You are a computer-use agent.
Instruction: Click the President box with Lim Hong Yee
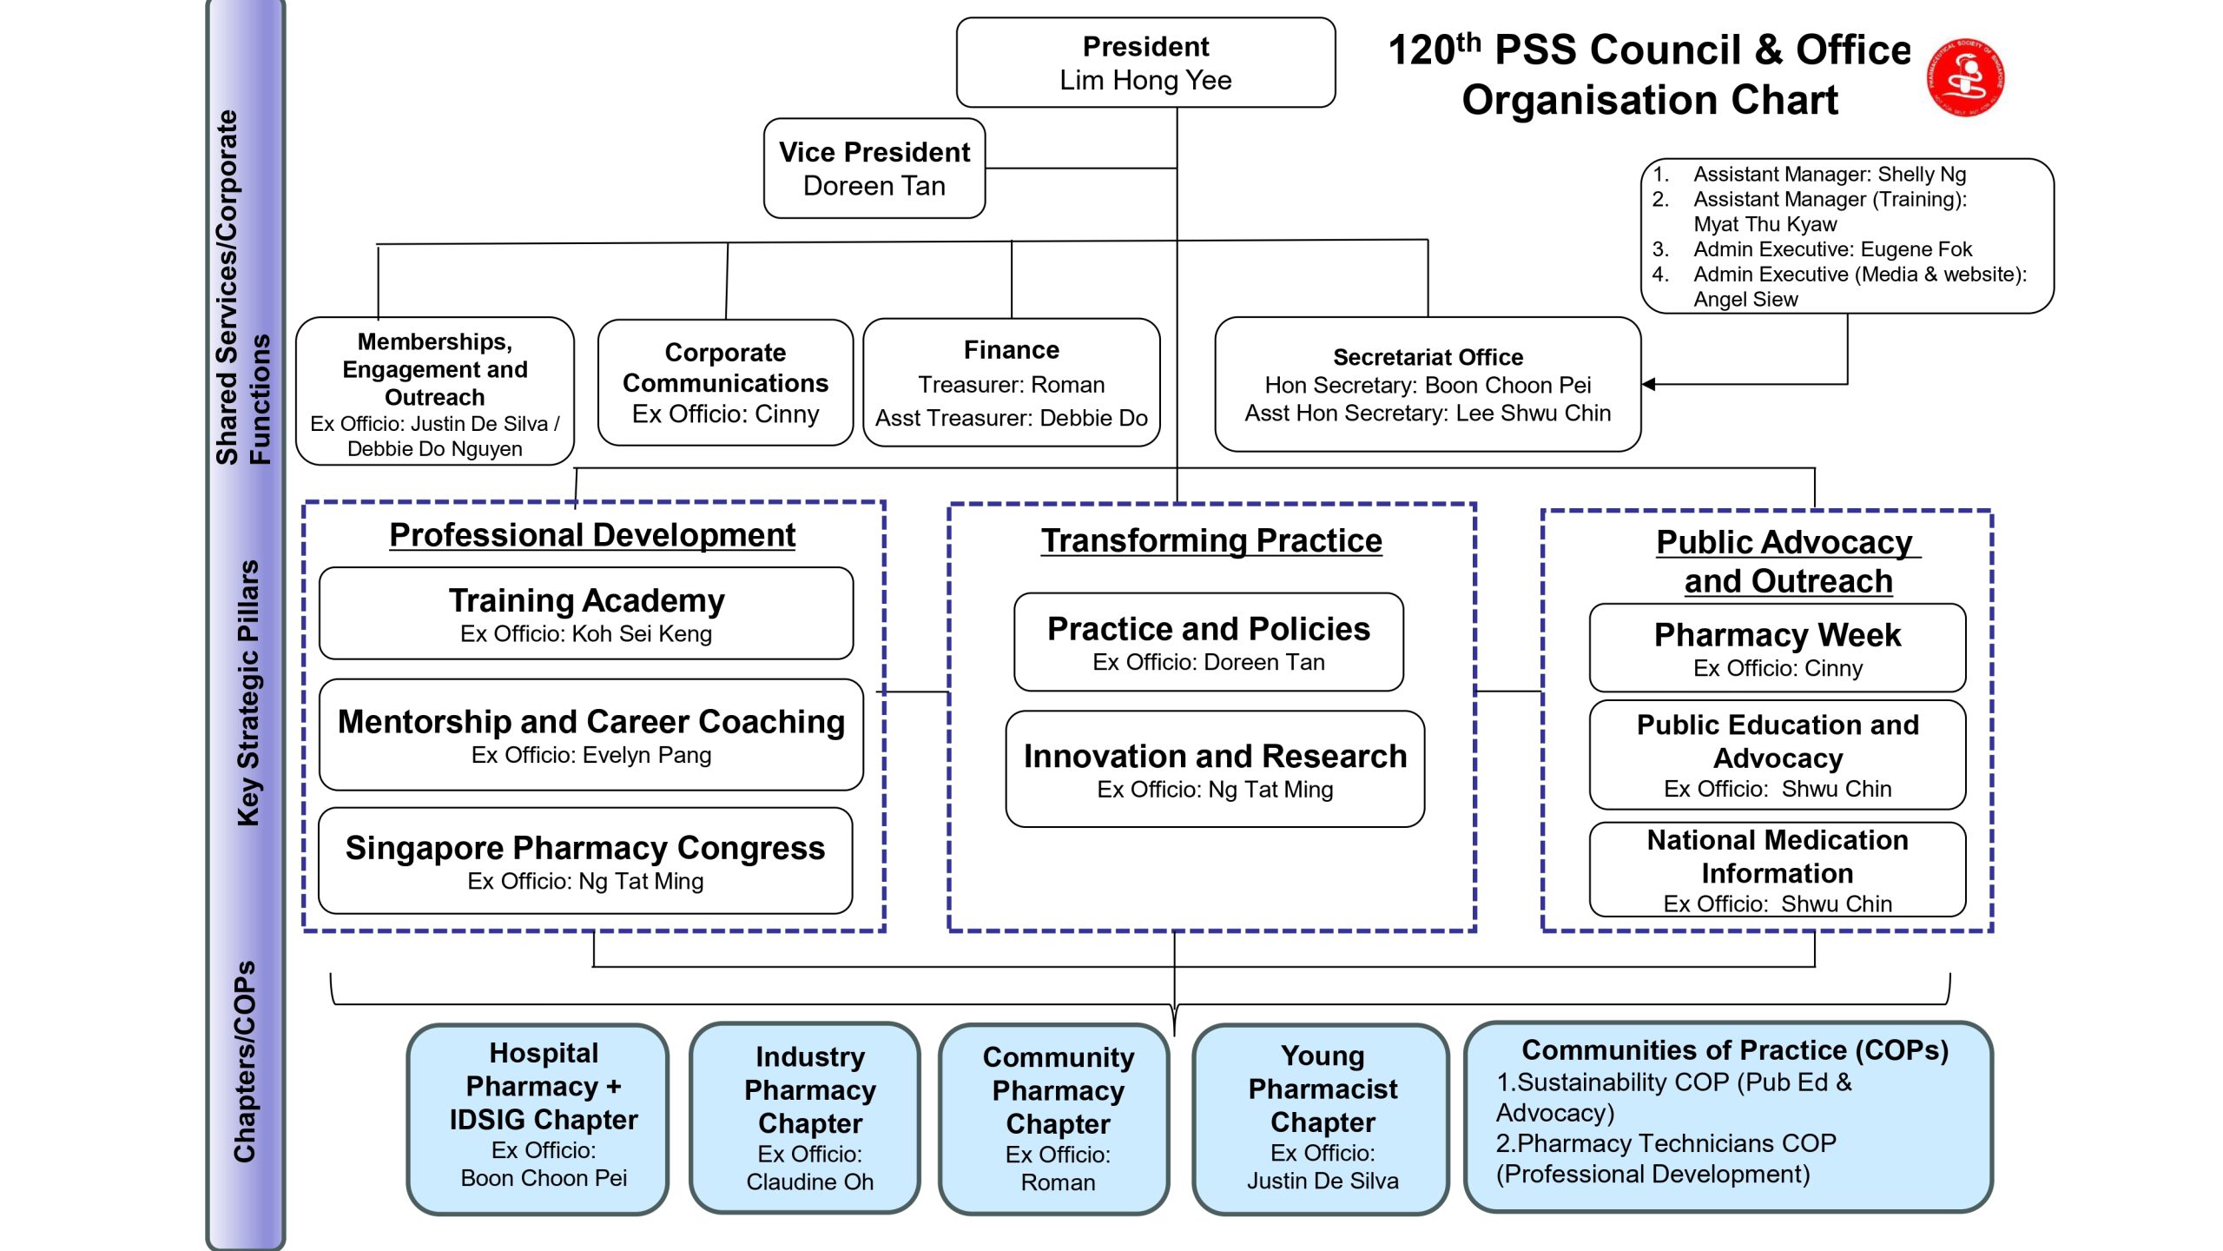(1145, 63)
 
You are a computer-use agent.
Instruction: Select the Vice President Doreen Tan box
(874, 169)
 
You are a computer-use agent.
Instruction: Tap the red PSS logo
(1966, 77)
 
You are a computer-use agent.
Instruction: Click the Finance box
(1012, 383)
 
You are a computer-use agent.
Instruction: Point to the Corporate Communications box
(725, 383)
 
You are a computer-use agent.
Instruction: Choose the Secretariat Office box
(1428, 385)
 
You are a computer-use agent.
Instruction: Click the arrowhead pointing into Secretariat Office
(1649, 384)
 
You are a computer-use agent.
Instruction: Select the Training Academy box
(586, 614)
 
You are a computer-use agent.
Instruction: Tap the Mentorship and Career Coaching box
(590, 735)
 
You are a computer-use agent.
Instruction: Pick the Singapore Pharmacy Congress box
(585, 861)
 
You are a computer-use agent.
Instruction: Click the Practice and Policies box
(1208, 643)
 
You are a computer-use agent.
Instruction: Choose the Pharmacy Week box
(1777, 648)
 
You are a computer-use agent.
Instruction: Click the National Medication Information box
(1777, 870)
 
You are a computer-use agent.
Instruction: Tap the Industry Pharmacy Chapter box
(809, 1118)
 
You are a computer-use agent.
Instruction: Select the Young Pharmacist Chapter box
(1322, 1118)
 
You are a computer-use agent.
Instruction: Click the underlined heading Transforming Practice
(1211, 540)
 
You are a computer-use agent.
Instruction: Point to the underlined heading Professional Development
(592, 535)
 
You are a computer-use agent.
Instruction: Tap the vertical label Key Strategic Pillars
(248, 692)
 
